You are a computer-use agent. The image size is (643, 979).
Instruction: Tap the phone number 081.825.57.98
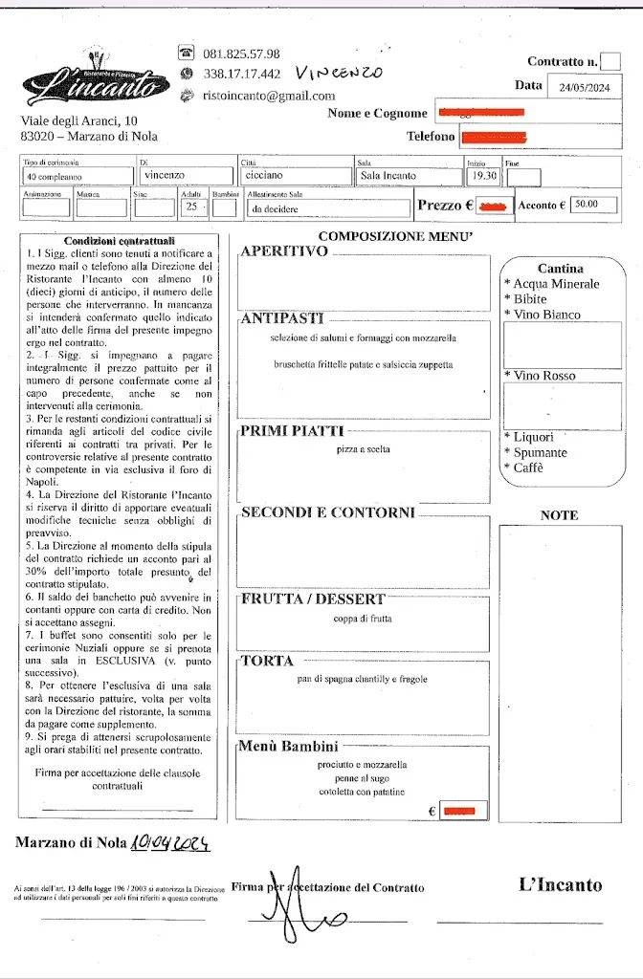click(241, 54)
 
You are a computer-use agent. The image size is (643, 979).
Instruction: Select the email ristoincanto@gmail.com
click(269, 96)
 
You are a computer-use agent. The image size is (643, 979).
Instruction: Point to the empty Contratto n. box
click(610, 61)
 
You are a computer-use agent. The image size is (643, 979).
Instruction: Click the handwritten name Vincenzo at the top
click(339, 73)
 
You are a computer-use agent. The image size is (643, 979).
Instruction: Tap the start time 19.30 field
click(482, 176)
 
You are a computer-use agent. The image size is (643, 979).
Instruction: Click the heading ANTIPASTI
click(282, 318)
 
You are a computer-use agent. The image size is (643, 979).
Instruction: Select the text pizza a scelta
click(364, 448)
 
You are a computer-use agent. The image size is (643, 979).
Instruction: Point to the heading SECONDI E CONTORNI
click(327, 513)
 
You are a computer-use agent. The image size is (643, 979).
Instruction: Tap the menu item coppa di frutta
click(364, 619)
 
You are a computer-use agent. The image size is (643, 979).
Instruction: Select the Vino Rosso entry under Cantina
click(544, 376)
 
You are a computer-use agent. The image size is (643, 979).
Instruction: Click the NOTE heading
click(560, 515)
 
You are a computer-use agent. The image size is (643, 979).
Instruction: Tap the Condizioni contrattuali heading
click(119, 241)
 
